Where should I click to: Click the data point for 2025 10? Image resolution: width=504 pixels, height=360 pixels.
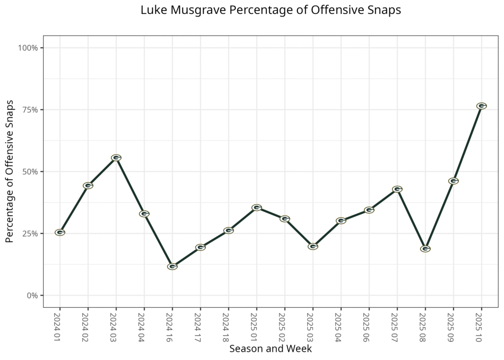pos(481,106)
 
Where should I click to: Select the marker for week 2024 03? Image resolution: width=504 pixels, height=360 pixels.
pos(116,158)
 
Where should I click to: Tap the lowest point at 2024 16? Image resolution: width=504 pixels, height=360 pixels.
pos(172,266)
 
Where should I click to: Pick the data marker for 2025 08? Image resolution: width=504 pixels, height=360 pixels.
pos(425,249)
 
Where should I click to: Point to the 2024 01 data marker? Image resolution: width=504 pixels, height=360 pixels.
pos(60,232)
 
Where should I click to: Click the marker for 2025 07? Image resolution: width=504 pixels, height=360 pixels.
pos(397,189)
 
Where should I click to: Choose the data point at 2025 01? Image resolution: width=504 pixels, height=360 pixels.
pos(256,208)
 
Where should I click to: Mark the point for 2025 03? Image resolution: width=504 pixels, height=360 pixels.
pos(313,246)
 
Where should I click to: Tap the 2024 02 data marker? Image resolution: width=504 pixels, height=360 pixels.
pos(88,186)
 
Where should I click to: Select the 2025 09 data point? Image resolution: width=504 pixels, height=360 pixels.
pos(453,181)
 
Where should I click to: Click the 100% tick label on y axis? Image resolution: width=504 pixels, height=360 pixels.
pos(28,48)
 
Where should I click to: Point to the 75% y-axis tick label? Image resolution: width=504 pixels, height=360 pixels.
pos(30,110)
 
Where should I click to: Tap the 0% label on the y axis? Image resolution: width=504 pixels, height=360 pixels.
pos(32,295)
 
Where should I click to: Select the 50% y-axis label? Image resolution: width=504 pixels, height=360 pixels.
pos(30,172)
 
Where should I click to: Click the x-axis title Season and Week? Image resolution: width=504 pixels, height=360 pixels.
pos(270,349)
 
